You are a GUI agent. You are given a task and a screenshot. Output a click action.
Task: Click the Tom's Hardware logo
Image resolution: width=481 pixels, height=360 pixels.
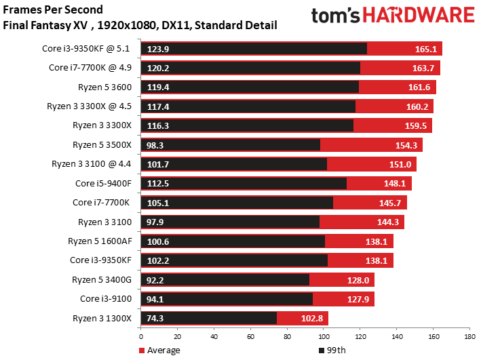[393, 16]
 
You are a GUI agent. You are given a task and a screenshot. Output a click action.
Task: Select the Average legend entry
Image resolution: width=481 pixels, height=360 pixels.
[160, 350]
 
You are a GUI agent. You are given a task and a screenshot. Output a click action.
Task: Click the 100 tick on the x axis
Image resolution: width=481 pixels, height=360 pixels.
[323, 335]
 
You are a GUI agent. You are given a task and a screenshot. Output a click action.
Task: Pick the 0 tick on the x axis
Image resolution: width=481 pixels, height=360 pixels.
[140, 335]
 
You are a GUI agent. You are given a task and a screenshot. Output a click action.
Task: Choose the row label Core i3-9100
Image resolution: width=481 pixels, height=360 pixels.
[109, 298]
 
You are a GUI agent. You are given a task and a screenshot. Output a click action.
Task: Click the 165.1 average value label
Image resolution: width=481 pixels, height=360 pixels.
[427, 49]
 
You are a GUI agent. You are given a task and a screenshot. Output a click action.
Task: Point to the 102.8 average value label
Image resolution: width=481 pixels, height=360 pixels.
[313, 318]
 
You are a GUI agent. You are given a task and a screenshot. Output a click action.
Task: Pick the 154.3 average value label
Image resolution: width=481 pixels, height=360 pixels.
[408, 144]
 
